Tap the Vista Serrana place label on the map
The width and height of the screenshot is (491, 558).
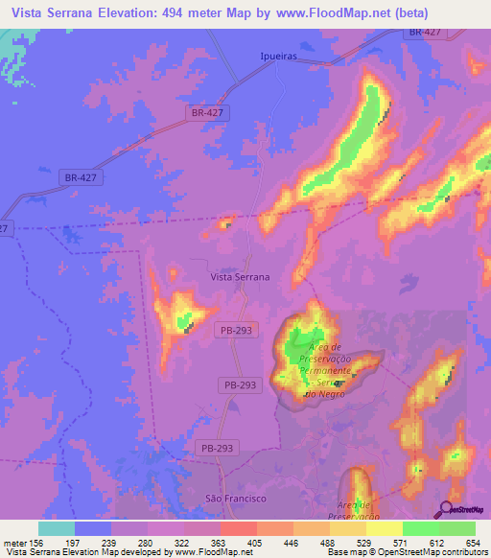pos(240,276)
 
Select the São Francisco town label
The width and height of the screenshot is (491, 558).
pos(236,499)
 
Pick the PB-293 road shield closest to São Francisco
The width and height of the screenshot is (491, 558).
pos(219,448)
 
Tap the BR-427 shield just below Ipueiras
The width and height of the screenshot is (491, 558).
pos(208,112)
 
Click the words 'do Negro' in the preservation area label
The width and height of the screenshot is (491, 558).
pos(324,393)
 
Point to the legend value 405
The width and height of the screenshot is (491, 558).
pos(254,542)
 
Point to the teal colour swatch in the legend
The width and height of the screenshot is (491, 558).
pos(56,528)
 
